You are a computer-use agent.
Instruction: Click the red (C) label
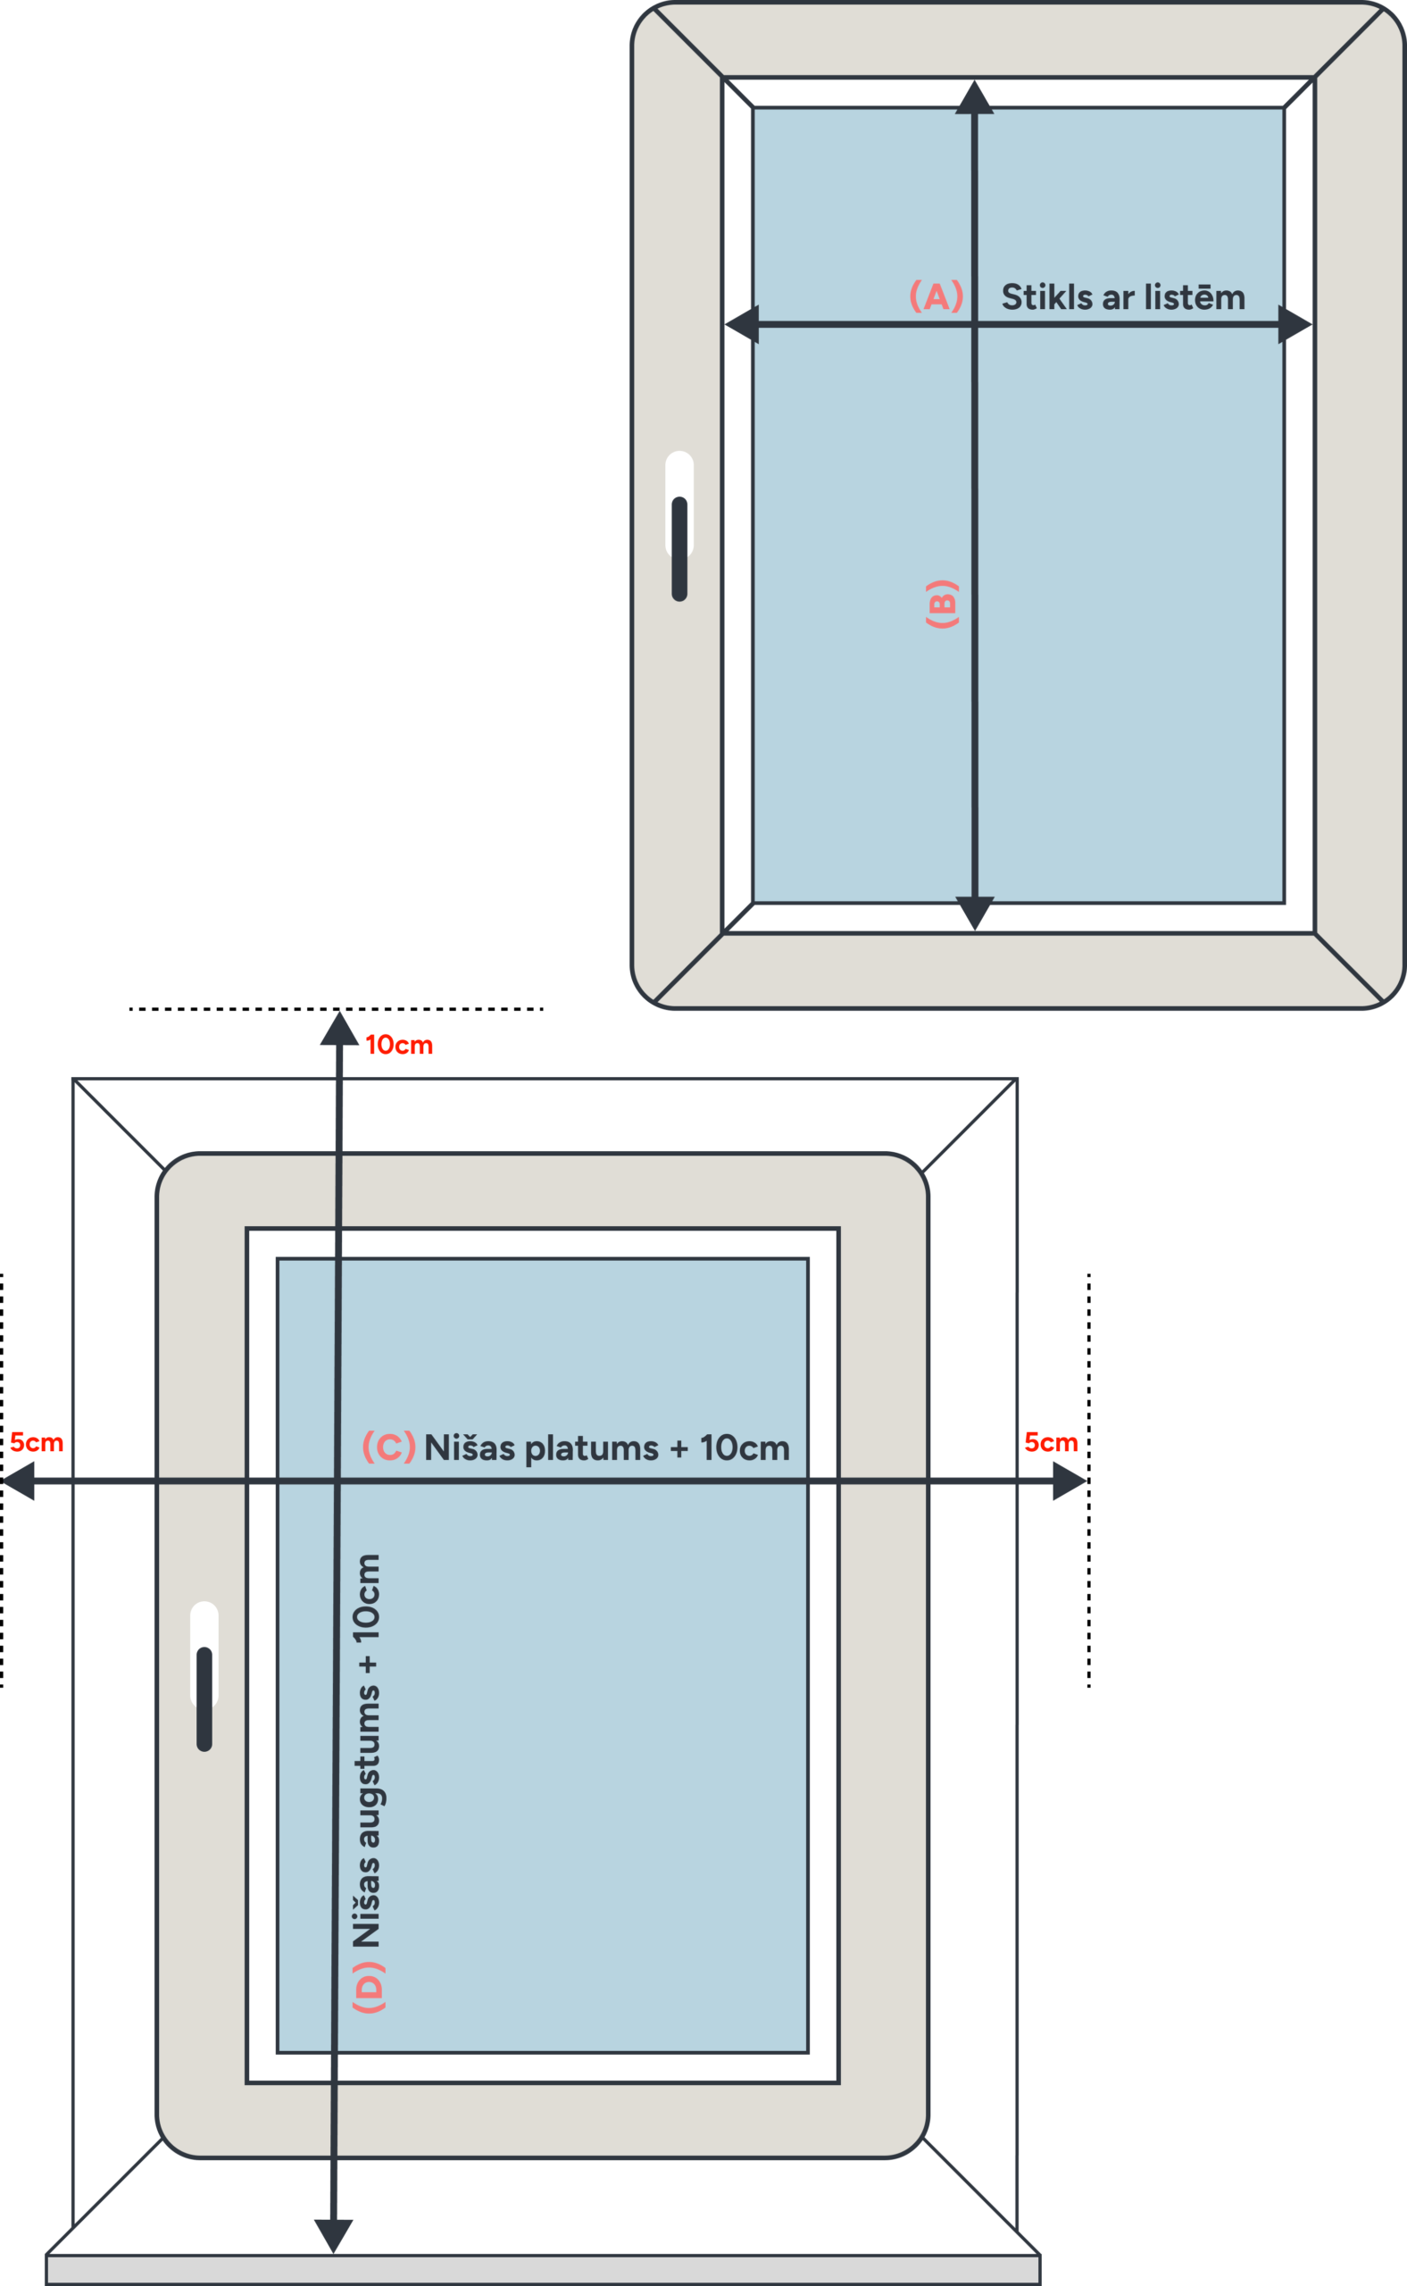[x=388, y=1447]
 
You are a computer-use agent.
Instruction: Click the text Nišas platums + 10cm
[x=607, y=1448]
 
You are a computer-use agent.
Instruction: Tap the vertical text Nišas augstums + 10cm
[x=367, y=1750]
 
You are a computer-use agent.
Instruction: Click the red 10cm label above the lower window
[x=399, y=1046]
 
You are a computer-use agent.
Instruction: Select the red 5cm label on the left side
[x=37, y=1442]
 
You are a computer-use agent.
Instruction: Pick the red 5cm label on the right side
[x=1051, y=1442]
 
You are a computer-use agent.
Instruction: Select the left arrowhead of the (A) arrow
[x=743, y=324]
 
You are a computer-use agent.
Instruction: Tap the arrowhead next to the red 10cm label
[x=339, y=1030]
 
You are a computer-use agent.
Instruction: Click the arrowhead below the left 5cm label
[x=21, y=1481]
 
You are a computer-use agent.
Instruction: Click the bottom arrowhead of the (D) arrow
[x=333, y=2234]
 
